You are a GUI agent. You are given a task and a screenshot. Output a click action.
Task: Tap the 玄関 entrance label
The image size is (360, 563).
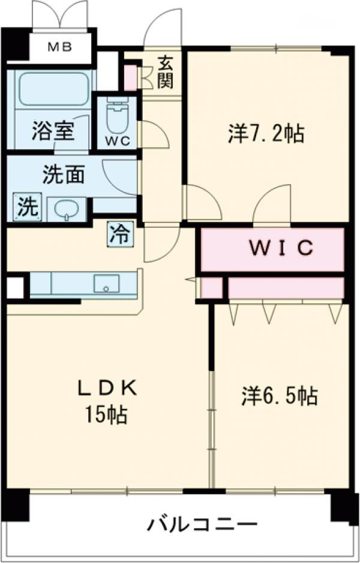click(166, 71)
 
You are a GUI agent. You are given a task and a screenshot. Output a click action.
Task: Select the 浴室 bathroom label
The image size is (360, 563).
click(53, 130)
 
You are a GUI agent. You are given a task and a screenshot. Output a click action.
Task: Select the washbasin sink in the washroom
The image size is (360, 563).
click(66, 209)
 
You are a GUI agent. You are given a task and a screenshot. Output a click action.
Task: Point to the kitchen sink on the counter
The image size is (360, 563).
click(107, 283)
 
